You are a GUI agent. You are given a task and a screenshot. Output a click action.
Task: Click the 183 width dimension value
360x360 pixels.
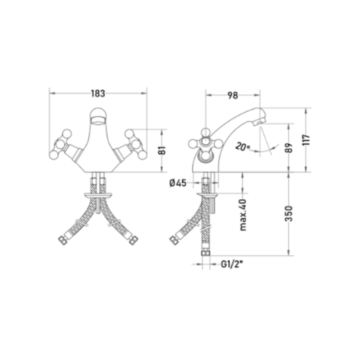coord(98,93)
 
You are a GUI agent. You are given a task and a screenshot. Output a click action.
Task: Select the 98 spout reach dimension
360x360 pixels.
coord(232,95)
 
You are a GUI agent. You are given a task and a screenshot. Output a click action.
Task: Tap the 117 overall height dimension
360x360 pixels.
coord(306,140)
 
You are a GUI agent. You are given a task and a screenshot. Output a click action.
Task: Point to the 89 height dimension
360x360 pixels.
coord(290,148)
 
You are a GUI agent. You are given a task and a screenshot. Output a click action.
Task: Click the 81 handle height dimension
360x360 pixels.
coord(163,151)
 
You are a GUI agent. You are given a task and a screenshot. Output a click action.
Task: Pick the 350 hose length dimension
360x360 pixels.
coord(289,213)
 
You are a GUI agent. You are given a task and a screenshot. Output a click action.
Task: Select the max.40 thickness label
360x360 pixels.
coord(242,215)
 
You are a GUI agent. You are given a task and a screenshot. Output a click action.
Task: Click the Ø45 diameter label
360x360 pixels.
coord(178,183)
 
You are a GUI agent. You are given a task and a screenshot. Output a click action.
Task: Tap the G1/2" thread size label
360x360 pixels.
coord(232,264)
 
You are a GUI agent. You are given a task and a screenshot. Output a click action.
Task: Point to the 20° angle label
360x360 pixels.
coord(242,147)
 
